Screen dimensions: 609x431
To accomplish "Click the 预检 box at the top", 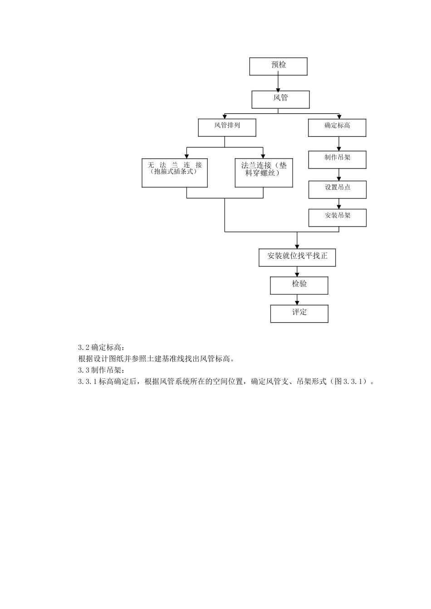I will tap(278, 66).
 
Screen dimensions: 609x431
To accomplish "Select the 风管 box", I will tap(280, 99).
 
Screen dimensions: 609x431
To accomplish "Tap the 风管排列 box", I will tap(227, 127).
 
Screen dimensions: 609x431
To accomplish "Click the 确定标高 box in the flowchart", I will tap(337, 127).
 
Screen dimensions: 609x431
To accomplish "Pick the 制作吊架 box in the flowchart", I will tap(337, 159).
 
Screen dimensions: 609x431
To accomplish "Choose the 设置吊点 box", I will tap(337, 189).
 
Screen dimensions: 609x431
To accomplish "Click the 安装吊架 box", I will tap(337, 217).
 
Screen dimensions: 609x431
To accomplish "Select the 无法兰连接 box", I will tap(175, 173).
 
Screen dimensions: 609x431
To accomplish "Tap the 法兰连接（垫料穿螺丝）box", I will tap(264, 173).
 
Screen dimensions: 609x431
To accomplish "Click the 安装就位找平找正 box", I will tap(297, 257).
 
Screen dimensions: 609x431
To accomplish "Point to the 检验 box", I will tap(299, 285).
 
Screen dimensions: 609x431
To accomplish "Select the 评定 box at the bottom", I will tap(299, 314).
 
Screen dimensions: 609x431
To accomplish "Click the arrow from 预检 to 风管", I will tap(278, 83).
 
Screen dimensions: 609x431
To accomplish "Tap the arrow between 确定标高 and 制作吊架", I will tap(338, 144).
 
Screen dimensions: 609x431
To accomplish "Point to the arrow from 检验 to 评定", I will tap(297, 300).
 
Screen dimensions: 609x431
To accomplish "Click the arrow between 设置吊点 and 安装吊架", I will tap(338, 203).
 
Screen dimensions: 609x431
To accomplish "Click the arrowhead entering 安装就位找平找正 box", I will tap(297, 246).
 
